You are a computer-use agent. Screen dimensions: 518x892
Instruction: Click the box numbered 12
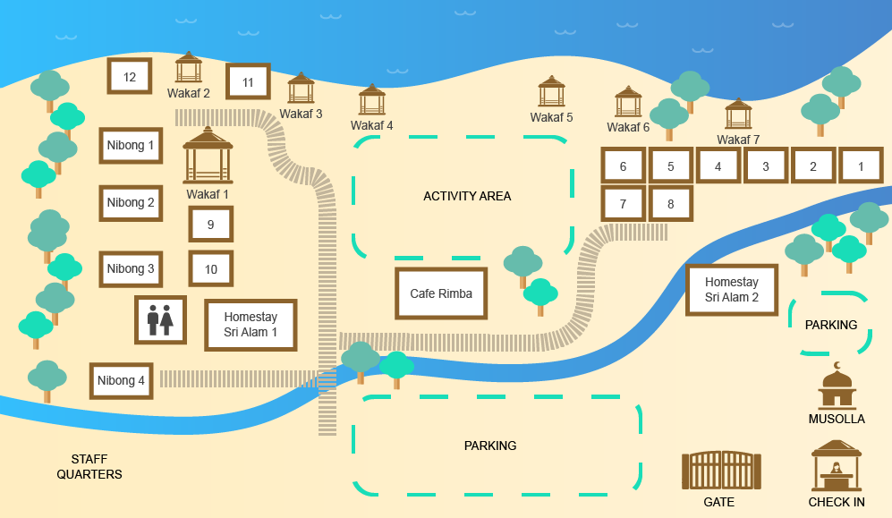point(130,76)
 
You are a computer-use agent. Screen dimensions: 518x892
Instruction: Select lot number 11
point(248,81)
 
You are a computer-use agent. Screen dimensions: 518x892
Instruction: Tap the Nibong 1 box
point(131,145)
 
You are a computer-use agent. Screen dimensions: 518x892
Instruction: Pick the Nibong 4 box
point(121,380)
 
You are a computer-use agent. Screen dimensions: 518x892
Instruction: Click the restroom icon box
point(160,319)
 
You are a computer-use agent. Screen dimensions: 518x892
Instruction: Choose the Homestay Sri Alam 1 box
point(251,325)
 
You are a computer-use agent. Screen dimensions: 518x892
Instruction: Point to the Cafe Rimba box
point(441,293)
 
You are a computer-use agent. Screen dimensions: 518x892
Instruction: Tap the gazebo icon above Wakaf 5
point(552,92)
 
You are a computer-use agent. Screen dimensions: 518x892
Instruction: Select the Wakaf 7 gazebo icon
point(738,115)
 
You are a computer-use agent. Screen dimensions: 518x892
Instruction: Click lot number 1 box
point(862,166)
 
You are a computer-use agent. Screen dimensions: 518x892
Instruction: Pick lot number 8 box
point(670,203)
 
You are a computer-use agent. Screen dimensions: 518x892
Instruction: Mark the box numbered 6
point(623,166)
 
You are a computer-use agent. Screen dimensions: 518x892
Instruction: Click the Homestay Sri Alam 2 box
point(731,290)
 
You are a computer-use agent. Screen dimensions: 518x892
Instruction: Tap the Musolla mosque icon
point(837,386)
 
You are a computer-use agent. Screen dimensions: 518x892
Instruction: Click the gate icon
point(720,471)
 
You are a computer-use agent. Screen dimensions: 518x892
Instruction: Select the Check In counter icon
point(837,466)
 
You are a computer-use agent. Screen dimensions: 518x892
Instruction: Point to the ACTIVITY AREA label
point(467,196)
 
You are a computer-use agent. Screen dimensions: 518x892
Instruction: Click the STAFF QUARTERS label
point(89,466)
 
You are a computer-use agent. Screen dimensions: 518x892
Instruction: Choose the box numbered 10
point(211,268)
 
